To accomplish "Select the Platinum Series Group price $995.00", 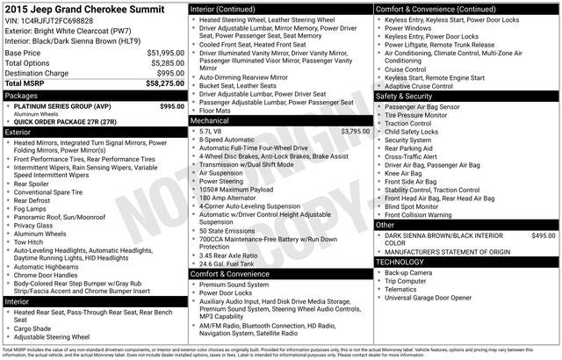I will click(x=172, y=105).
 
